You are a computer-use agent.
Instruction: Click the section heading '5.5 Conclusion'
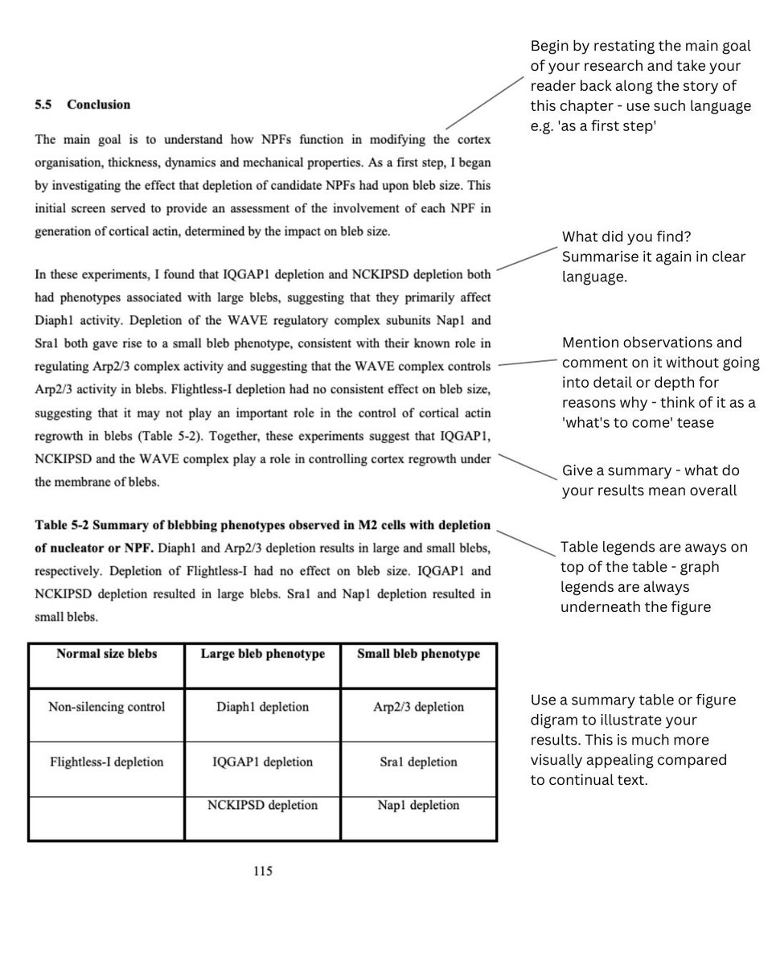[82, 105]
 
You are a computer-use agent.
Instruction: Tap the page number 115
[262, 871]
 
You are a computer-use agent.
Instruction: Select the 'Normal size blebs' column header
[106, 654]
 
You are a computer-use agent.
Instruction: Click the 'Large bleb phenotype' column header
[262, 654]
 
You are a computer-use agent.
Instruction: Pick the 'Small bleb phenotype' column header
[418, 654]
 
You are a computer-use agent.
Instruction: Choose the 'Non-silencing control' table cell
[106, 707]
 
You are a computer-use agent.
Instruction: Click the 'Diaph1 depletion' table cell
[262, 707]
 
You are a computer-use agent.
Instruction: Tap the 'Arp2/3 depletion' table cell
[418, 707]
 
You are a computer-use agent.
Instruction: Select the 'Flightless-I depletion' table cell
[106, 762]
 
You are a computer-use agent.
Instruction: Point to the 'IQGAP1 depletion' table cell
[262, 762]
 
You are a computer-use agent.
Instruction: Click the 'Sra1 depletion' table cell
[418, 762]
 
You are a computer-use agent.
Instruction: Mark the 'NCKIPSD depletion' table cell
[262, 805]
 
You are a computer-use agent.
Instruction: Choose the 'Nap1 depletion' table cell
[418, 805]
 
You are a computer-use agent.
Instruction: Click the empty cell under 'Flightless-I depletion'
[106, 819]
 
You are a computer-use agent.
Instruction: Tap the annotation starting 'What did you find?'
[653, 257]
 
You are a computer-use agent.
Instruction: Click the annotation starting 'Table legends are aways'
[653, 577]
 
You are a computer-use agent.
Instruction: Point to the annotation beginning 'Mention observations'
[659, 382]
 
